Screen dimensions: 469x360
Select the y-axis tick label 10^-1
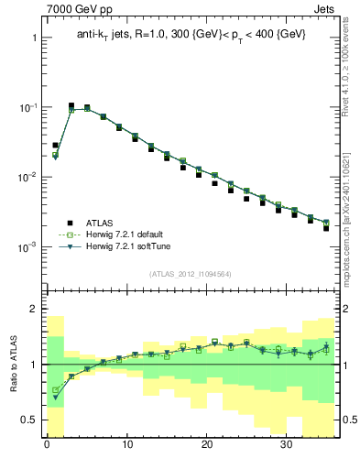(26, 108)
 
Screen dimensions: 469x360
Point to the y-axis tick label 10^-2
(26, 178)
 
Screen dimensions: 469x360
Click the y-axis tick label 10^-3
(26, 247)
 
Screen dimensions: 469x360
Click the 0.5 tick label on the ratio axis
(27, 420)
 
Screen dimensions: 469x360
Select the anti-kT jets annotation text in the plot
(191, 34)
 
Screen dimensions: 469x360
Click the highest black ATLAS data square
(71, 106)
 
